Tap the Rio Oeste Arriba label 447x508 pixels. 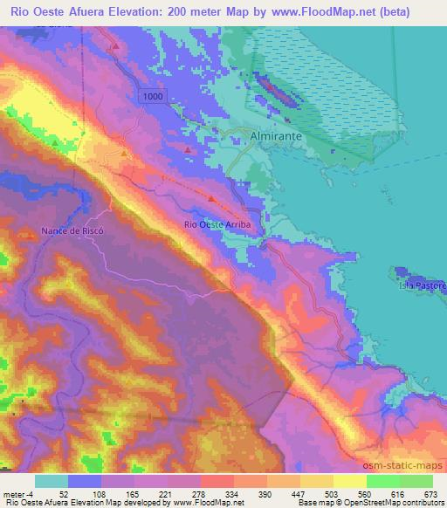(x=217, y=224)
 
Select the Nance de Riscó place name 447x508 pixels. (x=72, y=230)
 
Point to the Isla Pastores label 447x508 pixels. (x=423, y=285)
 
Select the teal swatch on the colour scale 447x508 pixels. (x=51, y=481)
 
